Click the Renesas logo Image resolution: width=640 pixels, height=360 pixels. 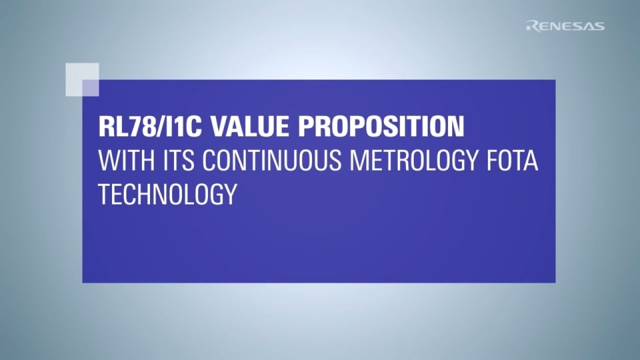[565, 26]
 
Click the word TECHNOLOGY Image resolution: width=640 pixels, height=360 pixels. [167, 193]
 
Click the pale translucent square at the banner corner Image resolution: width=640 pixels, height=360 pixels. [83, 79]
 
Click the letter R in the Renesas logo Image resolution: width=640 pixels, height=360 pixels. [531, 26]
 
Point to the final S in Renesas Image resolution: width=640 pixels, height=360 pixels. [599, 26]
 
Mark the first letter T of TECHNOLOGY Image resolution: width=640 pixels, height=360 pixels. [104, 193]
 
